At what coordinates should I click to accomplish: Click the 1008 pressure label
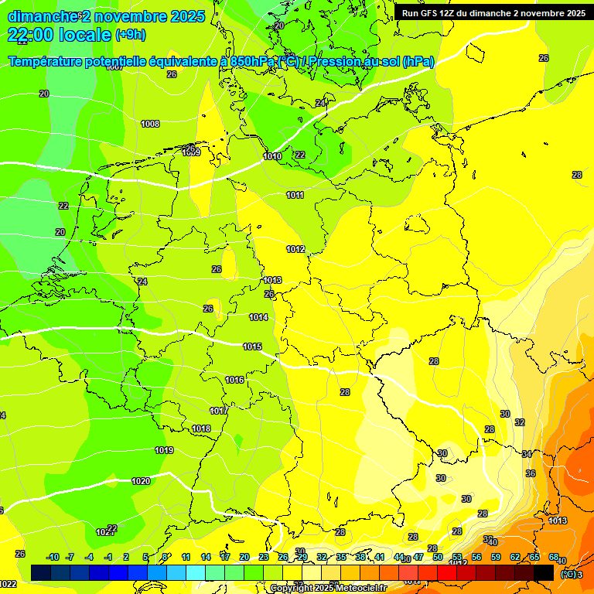[150, 124]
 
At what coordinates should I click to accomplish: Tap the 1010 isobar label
[272, 156]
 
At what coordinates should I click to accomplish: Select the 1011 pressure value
[295, 195]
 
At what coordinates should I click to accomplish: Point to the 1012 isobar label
[295, 249]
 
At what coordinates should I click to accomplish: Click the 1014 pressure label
[258, 317]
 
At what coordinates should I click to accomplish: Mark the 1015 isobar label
[252, 346]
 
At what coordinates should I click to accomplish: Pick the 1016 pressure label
[234, 380]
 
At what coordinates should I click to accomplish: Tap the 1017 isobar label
[219, 411]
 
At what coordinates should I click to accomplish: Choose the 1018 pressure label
[201, 428]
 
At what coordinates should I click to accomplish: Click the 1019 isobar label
[164, 450]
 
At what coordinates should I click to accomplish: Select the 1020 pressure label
[141, 481]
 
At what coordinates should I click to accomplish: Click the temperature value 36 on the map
[531, 473]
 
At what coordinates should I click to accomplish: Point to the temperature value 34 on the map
[527, 454]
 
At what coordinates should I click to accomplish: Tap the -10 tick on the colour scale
[53, 557]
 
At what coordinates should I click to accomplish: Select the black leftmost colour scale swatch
[41, 572]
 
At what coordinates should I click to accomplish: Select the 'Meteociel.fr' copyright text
[356, 589]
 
